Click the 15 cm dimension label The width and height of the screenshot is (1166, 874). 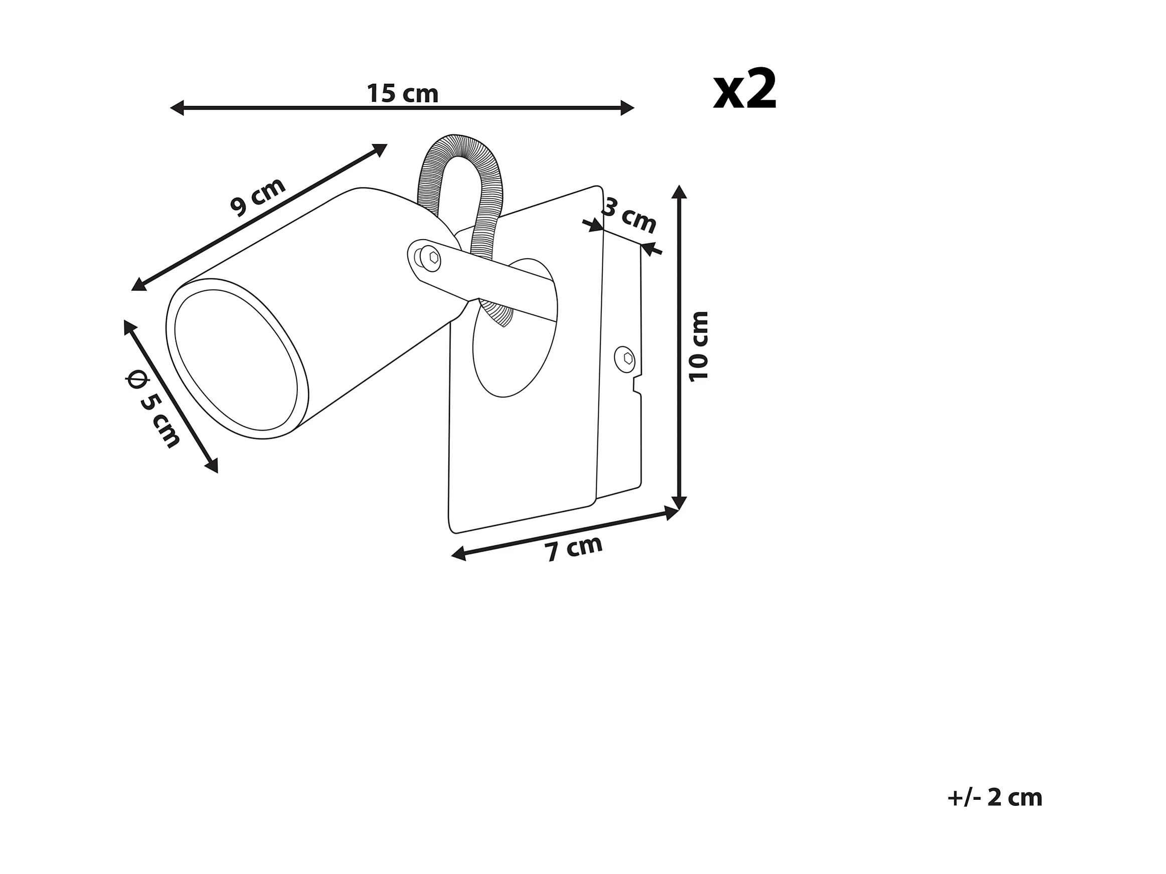[x=402, y=94]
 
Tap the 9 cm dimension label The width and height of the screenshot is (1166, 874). [x=258, y=196]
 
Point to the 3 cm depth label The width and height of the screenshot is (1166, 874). [x=630, y=215]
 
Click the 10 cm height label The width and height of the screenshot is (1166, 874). [x=700, y=346]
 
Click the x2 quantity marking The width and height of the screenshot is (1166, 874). [x=745, y=91]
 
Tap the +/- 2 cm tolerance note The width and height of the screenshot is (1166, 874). [x=994, y=798]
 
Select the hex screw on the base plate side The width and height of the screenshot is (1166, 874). [x=626, y=359]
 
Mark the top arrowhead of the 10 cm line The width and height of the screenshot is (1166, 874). [x=680, y=192]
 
